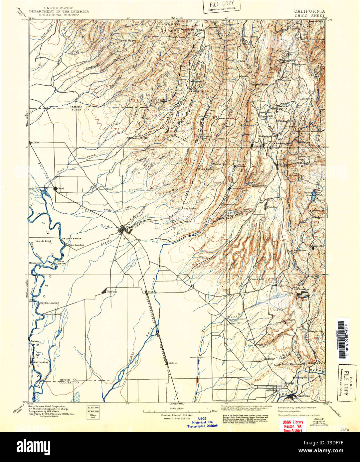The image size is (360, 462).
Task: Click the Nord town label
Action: point(61,189)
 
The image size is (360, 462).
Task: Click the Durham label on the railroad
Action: point(152,292)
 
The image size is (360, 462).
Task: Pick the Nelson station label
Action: point(173,363)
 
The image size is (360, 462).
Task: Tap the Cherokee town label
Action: point(303,289)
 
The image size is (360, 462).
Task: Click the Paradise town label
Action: point(274,206)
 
